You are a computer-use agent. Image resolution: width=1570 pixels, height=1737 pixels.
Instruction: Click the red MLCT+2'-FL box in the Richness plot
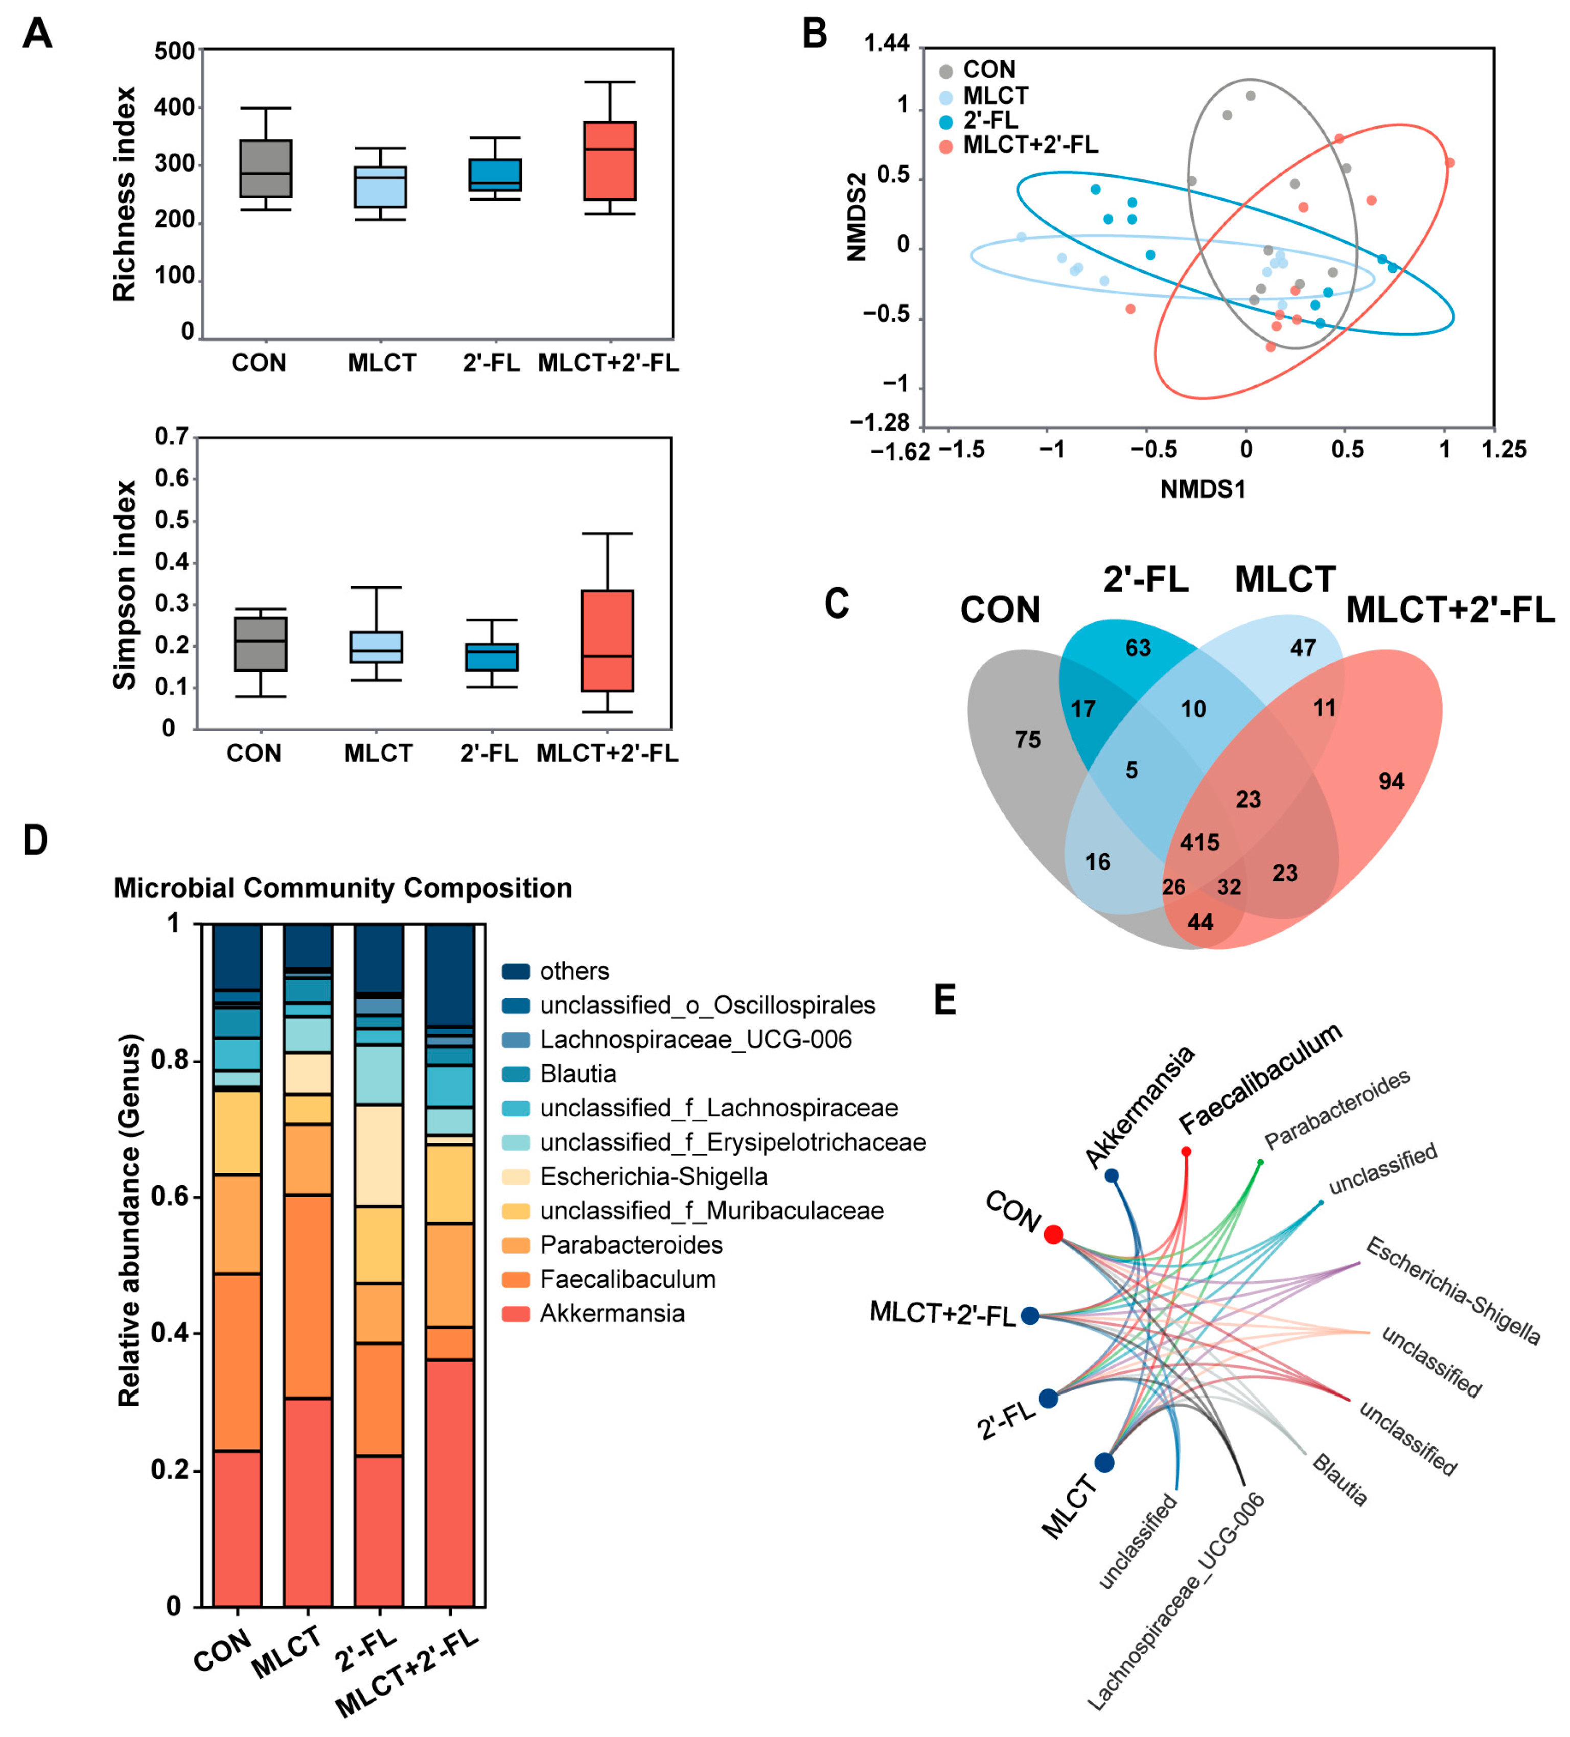[x=609, y=160]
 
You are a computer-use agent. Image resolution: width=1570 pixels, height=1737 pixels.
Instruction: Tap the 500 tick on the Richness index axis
[x=174, y=51]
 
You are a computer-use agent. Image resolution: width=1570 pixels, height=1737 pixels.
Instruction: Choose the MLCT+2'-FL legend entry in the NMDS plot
[x=1030, y=145]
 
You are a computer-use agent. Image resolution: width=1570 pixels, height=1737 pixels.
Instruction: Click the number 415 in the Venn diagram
[x=1198, y=842]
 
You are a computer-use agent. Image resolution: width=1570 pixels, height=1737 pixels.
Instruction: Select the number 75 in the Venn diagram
[x=1027, y=739]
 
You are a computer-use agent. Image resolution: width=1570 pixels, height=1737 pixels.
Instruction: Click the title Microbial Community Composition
[x=342, y=887]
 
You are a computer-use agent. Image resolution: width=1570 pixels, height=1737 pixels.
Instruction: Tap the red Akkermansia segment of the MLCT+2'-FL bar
[x=449, y=1482]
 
